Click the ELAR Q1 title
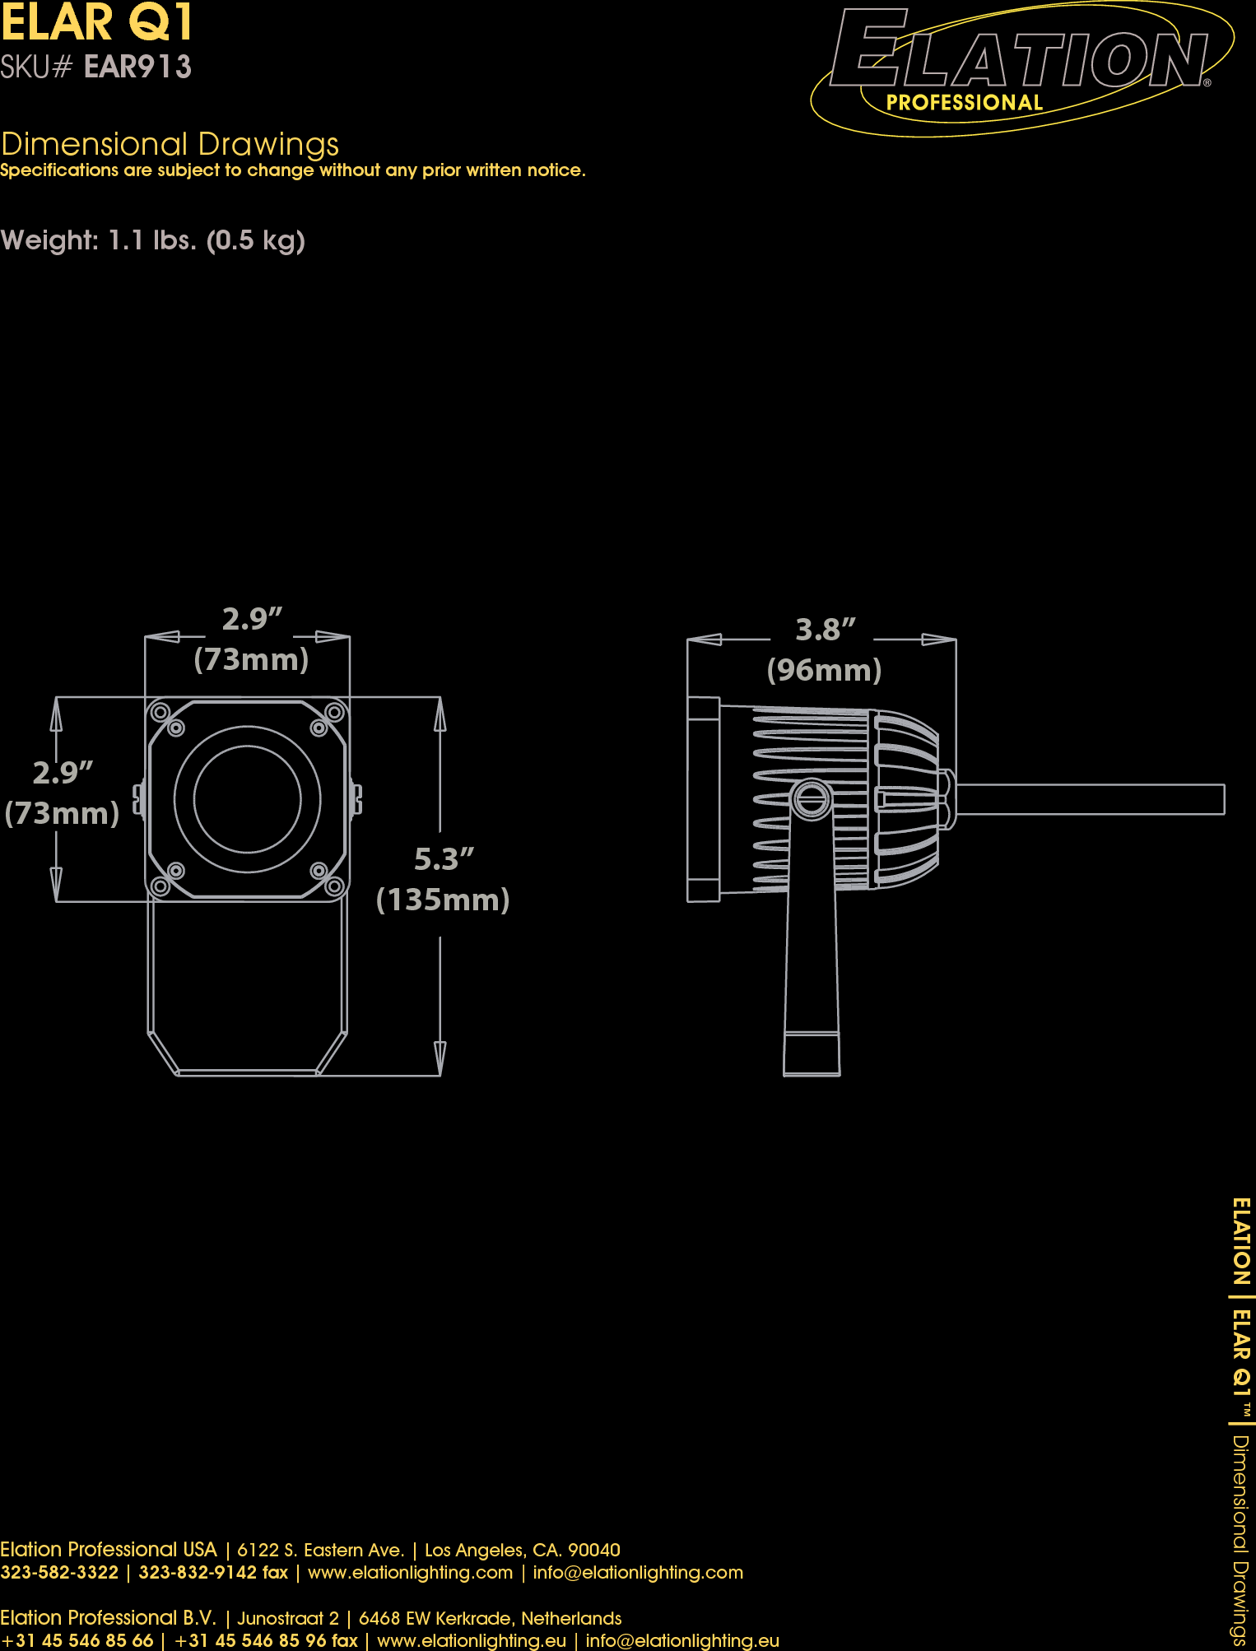click(97, 22)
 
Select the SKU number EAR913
click(137, 67)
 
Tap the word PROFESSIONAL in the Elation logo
click(964, 103)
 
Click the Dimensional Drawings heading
click(170, 144)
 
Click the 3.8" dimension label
click(825, 630)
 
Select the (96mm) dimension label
click(824, 670)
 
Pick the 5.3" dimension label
click(444, 859)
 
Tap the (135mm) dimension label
click(443, 900)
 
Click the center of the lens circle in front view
click(247, 799)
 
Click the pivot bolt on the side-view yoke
click(812, 799)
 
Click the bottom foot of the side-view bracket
click(812, 1054)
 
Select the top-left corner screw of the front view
click(161, 712)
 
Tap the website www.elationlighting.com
click(410, 1573)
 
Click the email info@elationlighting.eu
click(682, 1640)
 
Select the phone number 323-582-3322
click(59, 1573)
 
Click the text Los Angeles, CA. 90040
click(522, 1551)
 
